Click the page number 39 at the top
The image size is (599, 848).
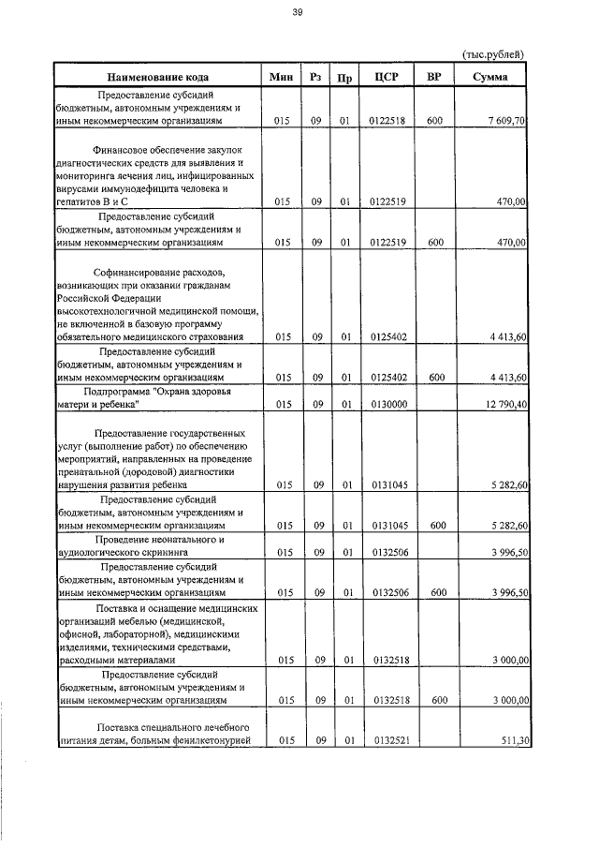click(297, 12)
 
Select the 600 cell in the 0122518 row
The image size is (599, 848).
click(434, 122)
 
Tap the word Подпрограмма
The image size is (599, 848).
click(122, 390)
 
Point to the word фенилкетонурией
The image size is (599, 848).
click(208, 739)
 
